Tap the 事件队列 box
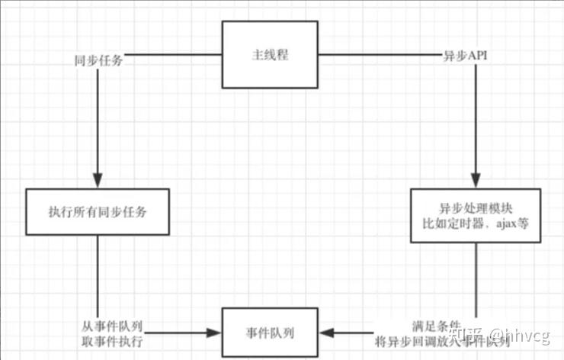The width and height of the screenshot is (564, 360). (270, 333)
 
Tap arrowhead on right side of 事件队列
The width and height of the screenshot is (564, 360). (325, 333)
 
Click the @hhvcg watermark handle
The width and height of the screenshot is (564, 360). (523, 336)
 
